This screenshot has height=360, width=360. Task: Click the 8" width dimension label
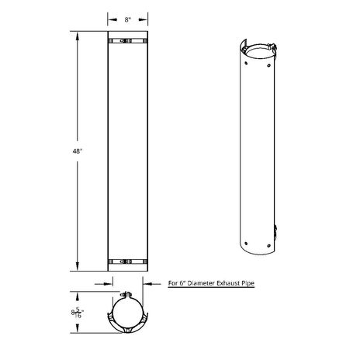click(x=128, y=19)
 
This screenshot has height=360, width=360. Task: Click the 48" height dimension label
click(x=77, y=151)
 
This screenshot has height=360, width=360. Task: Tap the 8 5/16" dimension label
click(x=77, y=313)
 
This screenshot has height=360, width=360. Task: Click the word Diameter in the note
click(x=201, y=283)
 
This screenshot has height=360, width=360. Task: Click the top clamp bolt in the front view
click(x=126, y=41)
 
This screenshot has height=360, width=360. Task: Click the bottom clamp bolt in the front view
click(x=126, y=261)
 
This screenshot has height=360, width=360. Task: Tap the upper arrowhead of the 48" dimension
click(x=78, y=36)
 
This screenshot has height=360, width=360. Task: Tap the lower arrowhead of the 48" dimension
click(x=78, y=266)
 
